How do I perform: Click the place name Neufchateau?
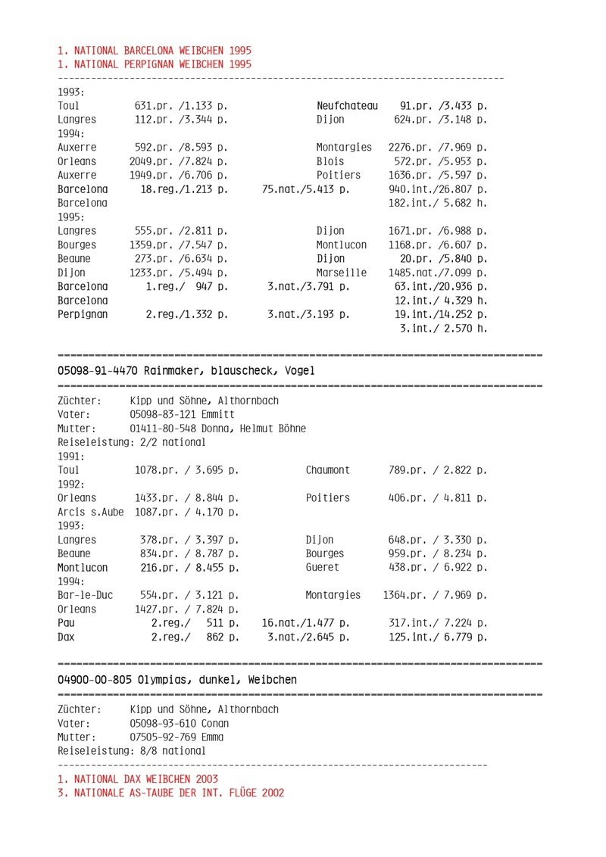[x=347, y=106]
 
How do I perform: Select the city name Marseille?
[x=342, y=273]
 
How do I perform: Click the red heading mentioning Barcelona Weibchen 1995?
[x=155, y=51]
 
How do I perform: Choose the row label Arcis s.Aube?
[x=90, y=512]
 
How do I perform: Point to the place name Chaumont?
[x=328, y=470]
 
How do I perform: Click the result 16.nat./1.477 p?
[x=305, y=623]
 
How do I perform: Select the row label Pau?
[x=67, y=623]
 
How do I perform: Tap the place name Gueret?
[x=323, y=567]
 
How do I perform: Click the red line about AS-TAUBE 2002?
[x=171, y=793]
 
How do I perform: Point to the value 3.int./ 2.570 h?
[x=443, y=328]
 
